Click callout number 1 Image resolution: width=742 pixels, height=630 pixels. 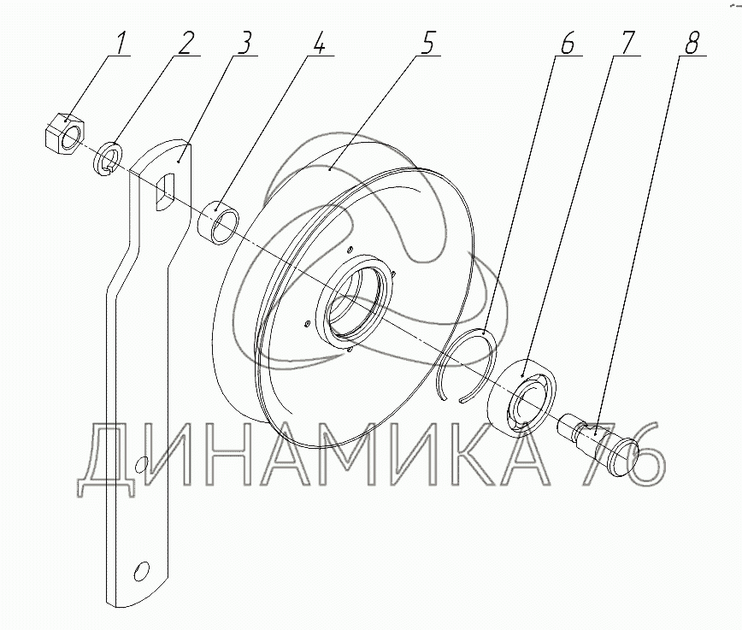tap(119, 44)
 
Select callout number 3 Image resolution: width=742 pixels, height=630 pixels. tap(244, 44)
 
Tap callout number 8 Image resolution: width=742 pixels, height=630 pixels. tap(691, 44)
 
